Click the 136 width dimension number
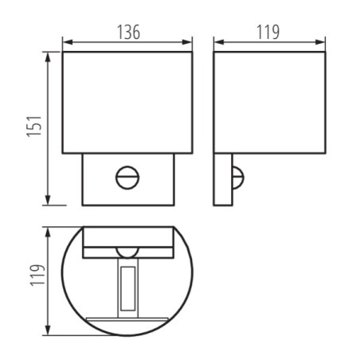[128, 32]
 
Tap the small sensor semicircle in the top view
[127, 252]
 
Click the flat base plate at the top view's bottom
[127, 322]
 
